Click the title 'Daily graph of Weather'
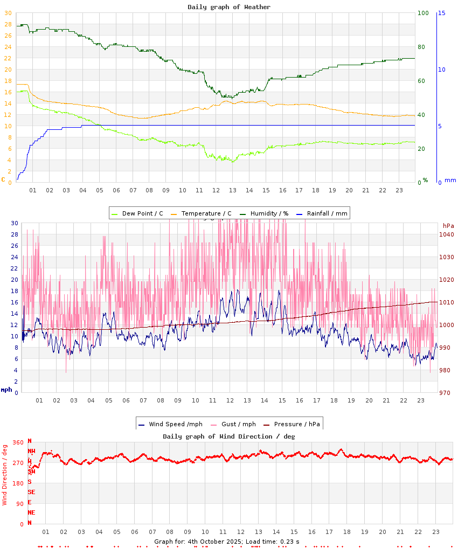pyautogui.click(x=229, y=7)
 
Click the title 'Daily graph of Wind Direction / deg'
pyautogui.click(x=229, y=436)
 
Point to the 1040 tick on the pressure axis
pyautogui.click(x=446, y=234)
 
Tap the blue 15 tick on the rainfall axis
pyautogui.click(x=441, y=13)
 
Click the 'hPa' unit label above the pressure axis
pyautogui.click(x=448, y=225)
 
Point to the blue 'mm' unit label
pyautogui.click(x=450, y=180)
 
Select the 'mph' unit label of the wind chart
pyautogui.click(x=6, y=389)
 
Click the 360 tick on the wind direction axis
pyautogui.click(x=18, y=442)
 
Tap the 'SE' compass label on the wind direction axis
pyautogui.click(x=31, y=492)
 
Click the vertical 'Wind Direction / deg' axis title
pyautogui.click(x=5, y=474)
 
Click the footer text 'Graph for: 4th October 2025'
pyautogui.click(x=197, y=542)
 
